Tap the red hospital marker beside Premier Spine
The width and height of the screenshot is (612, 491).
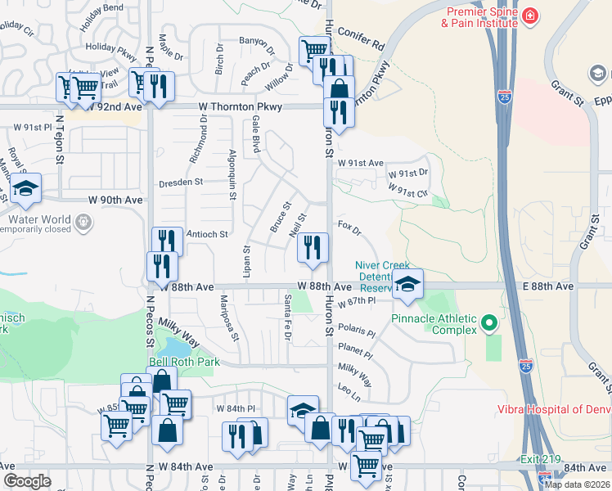(531, 15)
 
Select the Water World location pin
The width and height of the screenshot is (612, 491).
(83, 221)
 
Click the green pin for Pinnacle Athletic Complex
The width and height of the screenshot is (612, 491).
(489, 322)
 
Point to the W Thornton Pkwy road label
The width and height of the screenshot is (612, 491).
(241, 107)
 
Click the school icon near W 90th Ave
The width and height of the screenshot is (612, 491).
(26, 189)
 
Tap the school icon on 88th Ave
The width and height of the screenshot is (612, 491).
(407, 284)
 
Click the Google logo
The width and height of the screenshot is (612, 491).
(27, 480)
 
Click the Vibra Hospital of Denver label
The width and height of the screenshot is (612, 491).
(553, 410)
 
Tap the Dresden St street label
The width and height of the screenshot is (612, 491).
(180, 183)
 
